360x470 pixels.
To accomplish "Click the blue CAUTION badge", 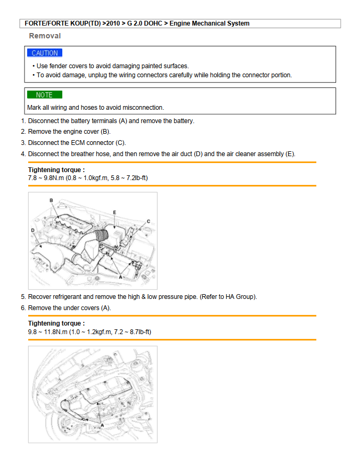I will coord(45,53).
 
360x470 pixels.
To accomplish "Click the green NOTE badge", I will coord(44,95).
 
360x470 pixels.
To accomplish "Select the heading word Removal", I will coord(45,36).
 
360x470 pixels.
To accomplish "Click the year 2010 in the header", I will coord(112,23).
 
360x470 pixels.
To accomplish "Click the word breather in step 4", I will coord(84,154).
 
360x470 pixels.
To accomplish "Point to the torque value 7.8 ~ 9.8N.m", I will coord(46,177).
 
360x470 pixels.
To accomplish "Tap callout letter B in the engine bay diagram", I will coord(51,200).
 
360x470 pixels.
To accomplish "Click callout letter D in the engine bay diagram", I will coord(34,230).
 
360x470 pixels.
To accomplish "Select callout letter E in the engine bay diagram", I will coord(114,212).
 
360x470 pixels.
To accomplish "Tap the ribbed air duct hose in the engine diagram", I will coord(101,234).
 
